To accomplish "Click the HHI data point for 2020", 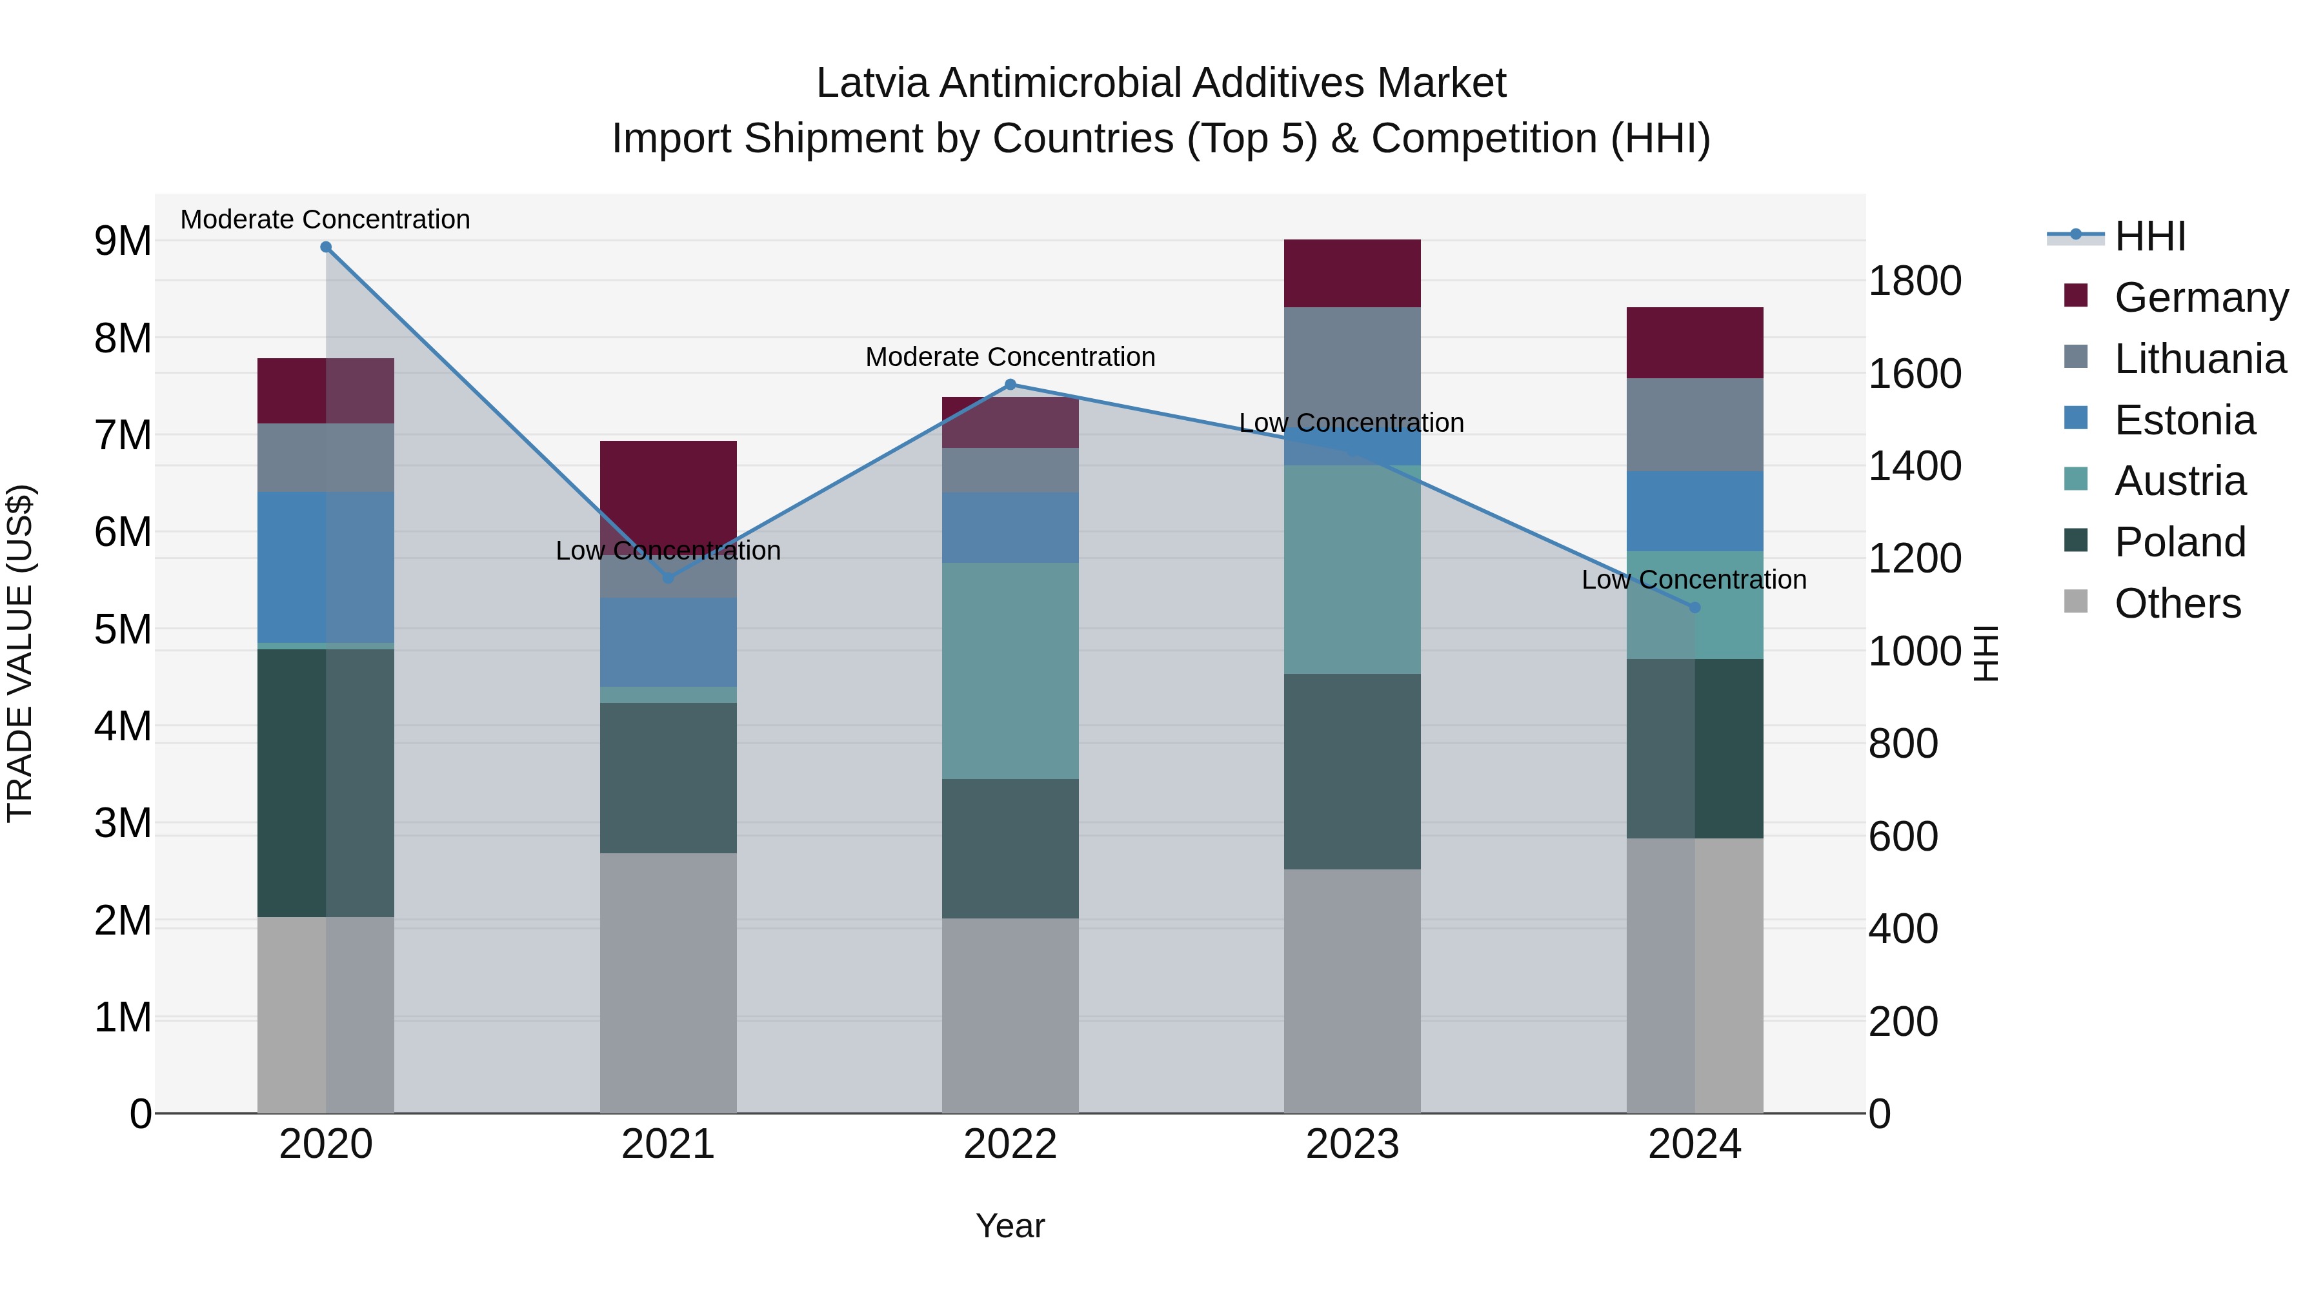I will point(326,247).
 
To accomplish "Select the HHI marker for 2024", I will point(1694,608).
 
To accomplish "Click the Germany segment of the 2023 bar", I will point(1352,273).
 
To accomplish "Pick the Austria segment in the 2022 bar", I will point(1010,671).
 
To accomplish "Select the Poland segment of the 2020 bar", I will point(326,783).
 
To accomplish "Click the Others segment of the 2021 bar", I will point(669,983).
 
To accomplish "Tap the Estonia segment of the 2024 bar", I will point(1694,511).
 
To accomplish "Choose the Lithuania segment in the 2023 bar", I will point(1352,361).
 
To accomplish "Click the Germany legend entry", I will point(2200,298).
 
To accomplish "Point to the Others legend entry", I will point(2177,603).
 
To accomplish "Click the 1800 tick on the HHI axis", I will point(1914,281).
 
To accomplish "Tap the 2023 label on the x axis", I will point(1352,1144).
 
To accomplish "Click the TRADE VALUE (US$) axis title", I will point(20,653).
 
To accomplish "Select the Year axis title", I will point(1010,1226).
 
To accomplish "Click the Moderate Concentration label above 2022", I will point(1010,357).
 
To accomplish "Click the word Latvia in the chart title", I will point(871,83).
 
